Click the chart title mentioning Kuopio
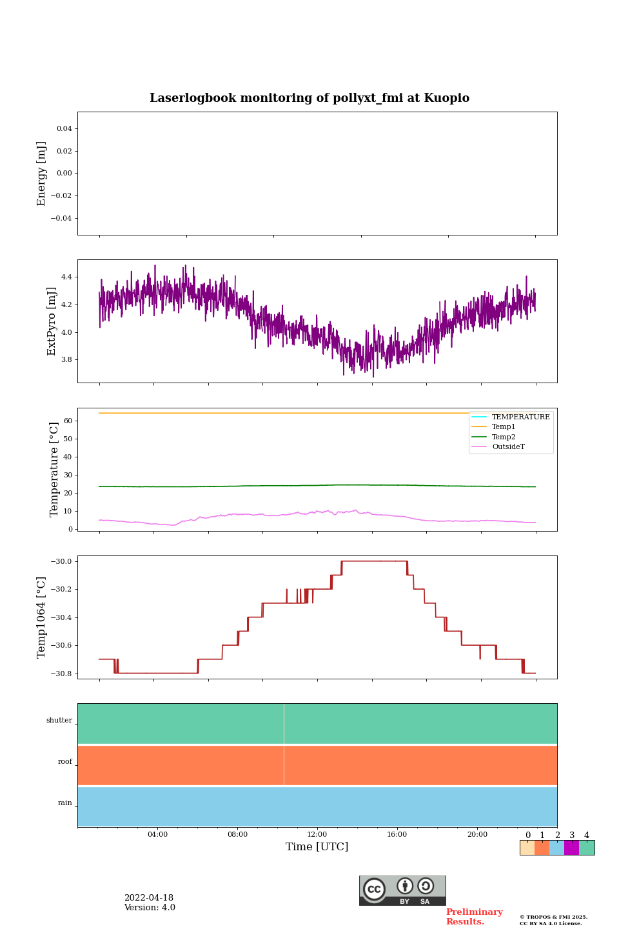(x=309, y=98)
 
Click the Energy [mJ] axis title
(x=42, y=174)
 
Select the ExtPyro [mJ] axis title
(x=52, y=321)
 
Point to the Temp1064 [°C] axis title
(x=42, y=617)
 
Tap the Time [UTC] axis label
(x=317, y=846)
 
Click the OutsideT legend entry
(x=508, y=447)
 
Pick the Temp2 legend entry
(x=504, y=437)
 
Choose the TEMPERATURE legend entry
(x=520, y=417)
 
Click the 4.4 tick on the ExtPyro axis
(x=66, y=277)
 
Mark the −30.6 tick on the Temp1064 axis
(x=59, y=646)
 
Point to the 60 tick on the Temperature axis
(x=67, y=421)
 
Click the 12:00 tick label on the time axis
(x=317, y=835)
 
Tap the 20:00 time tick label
(x=477, y=835)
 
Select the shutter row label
(x=59, y=721)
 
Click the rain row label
(x=65, y=803)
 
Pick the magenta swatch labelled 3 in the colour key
(x=571, y=848)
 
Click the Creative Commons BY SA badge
(x=402, y=890)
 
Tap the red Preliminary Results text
(x=474, y=917)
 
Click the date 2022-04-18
(x=149, y=898)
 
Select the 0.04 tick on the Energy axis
(x=64, y=129)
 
